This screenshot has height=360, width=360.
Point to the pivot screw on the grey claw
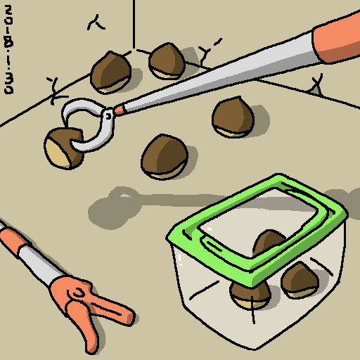[108, 116]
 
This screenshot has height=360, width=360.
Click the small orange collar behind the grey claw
[119, 110]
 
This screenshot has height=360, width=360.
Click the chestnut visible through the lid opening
[269, 241]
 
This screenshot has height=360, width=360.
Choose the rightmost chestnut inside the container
[300, 281]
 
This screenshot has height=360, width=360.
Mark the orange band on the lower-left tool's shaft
[14, 240]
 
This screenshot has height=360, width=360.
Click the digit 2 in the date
[8, 10]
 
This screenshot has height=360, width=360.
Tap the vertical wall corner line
[134, 25]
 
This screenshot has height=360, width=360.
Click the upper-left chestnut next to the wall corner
[110, 72]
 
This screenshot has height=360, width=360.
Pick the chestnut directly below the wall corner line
[167, 61]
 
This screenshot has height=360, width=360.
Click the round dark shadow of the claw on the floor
[112, 209]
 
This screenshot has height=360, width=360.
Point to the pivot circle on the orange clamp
[78, 293]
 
